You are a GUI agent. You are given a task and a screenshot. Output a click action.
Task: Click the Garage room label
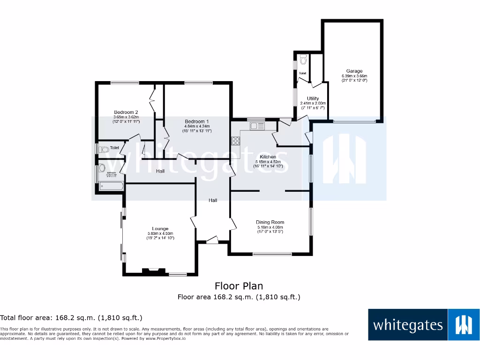(x=354, y=71)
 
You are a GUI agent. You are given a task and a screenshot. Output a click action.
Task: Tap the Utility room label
(x=313, y=98)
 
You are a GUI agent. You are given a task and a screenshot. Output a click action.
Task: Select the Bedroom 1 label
(x=197, y=121)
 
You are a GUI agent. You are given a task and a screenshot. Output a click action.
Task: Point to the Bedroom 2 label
(x=126, y=112)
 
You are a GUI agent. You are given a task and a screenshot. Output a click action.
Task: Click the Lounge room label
(x=160, y=229)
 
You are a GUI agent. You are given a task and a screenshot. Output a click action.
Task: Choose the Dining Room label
(x=270, y=222)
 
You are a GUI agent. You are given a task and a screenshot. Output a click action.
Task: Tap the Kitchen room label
(x=268, y=157)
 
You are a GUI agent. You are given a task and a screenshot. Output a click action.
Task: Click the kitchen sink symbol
(x=257, y=126)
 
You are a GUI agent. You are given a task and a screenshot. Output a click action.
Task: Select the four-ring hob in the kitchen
(x=235, y=141)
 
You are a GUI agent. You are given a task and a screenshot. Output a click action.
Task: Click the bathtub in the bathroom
(x=112, y=187)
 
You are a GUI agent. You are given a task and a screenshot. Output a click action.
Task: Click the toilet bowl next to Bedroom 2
(x=104, y=150)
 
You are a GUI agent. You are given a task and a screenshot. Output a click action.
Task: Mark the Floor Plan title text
(x=239, y=286)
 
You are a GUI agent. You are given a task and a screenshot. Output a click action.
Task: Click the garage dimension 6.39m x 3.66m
(x=354, y=76)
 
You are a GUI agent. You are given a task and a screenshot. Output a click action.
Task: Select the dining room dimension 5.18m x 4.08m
(x=270, y=227)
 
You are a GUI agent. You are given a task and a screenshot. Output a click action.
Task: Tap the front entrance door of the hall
(x=212, y=240)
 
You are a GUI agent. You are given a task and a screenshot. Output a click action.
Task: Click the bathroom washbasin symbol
(x=102, y=168)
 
